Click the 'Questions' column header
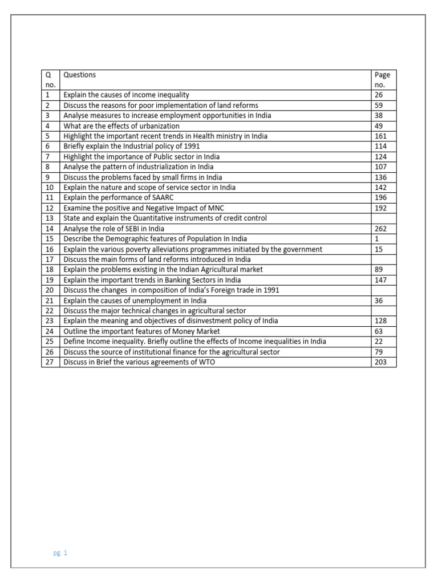80,75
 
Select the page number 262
380,229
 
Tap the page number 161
380,136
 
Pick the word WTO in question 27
206,362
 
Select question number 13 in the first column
49,218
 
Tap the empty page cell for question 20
383,290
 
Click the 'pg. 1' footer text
60,553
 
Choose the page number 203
380,362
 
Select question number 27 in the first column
49,362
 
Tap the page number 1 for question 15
376,239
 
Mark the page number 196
380,198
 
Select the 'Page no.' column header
382,79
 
